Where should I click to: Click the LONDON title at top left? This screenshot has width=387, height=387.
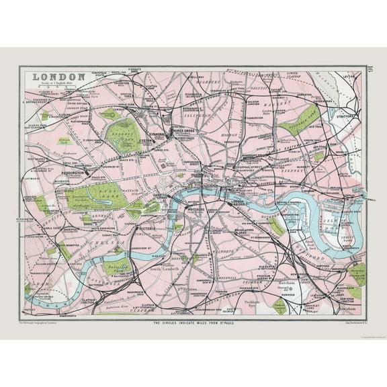(58, 77)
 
